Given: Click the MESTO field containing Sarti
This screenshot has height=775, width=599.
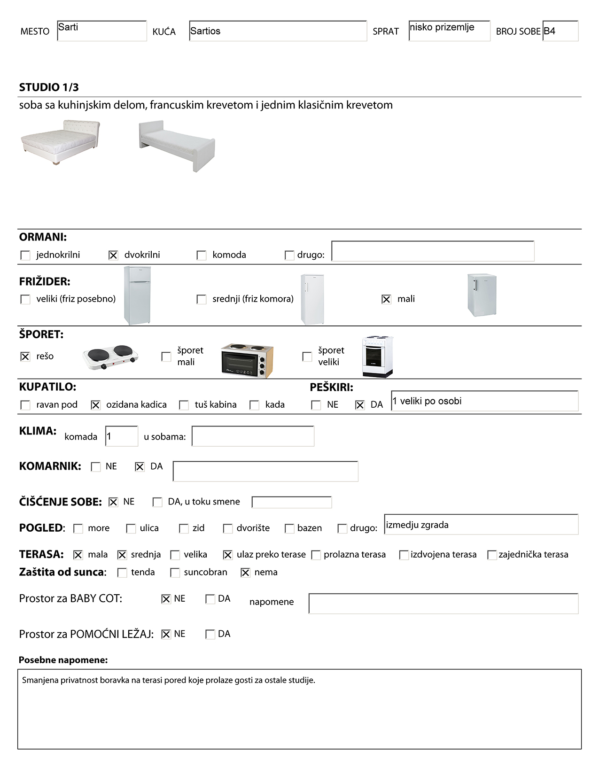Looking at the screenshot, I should (101, 31).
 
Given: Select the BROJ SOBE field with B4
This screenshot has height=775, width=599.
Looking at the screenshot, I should (560, 31).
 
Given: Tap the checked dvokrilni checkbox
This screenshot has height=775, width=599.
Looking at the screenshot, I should (113, 255).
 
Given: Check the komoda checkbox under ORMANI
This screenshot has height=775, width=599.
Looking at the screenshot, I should (202, 255).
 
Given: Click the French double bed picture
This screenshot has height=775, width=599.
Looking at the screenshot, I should (61, 142).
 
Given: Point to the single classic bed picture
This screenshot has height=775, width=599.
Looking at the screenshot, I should (177, 145).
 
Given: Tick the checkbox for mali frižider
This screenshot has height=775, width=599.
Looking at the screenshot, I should (386, 299).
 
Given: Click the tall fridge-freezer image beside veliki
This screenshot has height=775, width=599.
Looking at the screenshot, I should (137, 295).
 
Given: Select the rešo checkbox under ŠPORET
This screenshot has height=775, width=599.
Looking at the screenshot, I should (25, 356).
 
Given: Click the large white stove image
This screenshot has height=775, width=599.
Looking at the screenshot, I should (378, 356).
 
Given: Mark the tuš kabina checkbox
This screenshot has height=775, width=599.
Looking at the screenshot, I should (184, 405).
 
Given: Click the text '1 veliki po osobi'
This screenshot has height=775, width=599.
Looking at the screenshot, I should (427, 401).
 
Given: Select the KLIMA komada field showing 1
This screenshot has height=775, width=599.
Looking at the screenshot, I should (122, 436).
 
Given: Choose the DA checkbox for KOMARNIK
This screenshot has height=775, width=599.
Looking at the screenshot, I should (140, 467).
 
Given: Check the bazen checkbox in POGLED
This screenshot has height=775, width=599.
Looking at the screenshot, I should (289, 528).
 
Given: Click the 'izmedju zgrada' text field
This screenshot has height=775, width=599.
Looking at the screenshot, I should (481, 525).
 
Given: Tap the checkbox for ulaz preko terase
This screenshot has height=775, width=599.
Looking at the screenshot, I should (228, 555).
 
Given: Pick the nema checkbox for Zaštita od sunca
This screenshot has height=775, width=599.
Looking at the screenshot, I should (245, 573).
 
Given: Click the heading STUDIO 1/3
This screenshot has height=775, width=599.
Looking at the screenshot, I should (49, 87).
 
